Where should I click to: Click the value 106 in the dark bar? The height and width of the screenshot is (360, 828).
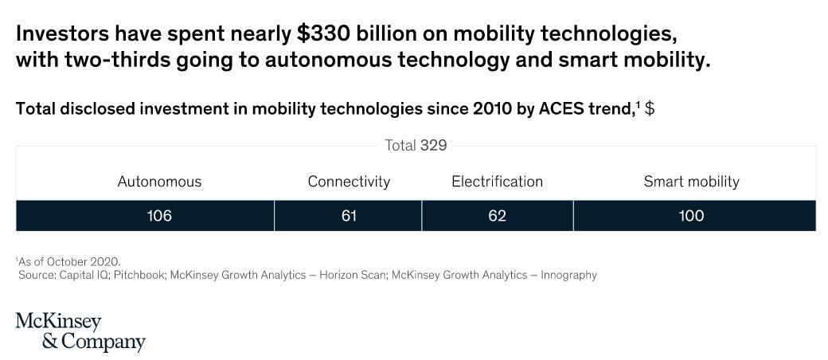click(159, 216)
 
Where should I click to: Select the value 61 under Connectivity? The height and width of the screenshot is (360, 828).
click(349, 216)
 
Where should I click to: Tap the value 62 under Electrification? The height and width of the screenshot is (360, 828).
click(497, 216)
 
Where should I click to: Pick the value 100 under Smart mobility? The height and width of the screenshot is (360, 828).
click(691, 216)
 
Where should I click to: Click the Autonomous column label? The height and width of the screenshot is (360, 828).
click(159, 182)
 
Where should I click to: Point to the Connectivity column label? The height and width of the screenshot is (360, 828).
click(349, 182)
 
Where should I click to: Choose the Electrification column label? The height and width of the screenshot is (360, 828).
click(497, 182)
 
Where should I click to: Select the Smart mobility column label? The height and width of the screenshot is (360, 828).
click(691, 182)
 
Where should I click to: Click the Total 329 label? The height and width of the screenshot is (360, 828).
click(416, 146)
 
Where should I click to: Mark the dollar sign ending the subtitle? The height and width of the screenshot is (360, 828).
click(650, 109)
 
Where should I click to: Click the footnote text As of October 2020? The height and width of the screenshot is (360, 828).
click(68, 261)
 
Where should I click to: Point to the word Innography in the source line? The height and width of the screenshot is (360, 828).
click(568, 275)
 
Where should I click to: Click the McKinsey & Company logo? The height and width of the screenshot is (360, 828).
click(80, 332)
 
